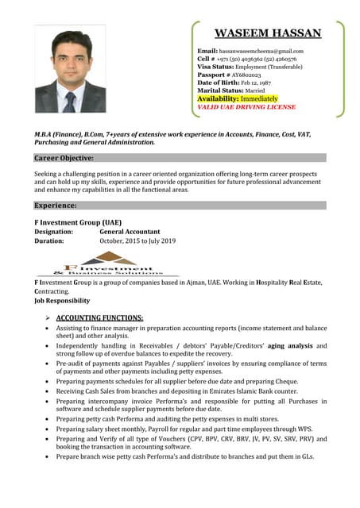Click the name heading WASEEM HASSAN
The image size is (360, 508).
pos(268,33)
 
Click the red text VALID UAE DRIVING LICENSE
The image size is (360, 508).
pos(246,106)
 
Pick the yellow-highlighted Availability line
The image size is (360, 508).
pos(238,98)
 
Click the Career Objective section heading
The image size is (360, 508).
pos(64,158)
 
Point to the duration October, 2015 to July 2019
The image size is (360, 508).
pos(137,241)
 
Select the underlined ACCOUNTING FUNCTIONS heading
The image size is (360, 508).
pos(100,317)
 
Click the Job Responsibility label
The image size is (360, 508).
pos(62,302)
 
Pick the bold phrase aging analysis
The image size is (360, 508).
pos(291,346)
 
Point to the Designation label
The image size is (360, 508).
pos(54,231)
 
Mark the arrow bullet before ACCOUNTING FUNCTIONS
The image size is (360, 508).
pos(49,317)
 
